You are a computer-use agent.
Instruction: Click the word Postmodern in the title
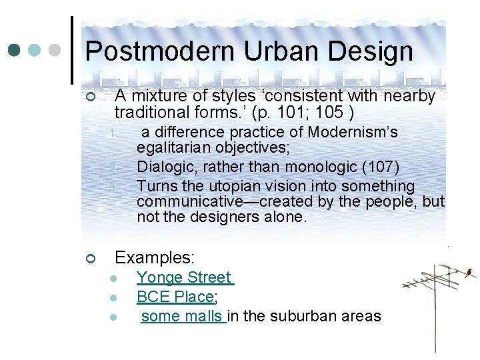[160, 51]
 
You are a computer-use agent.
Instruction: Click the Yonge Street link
[184, 277]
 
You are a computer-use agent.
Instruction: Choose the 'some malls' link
[183, 316]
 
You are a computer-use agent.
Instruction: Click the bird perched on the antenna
[469, 271]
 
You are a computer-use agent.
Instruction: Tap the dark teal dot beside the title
[14, 50]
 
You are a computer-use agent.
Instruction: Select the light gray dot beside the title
[56, 50]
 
